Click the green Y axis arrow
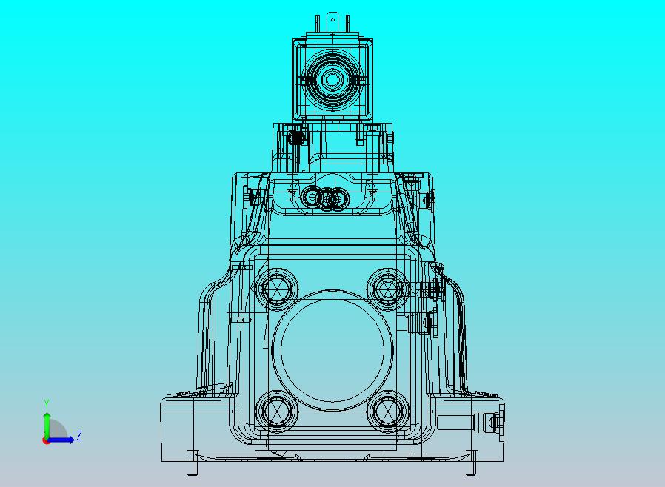(x=46, y=423)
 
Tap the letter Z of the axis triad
(x=78, y=436)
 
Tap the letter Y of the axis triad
(x=46, y=403)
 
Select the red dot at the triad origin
(x=46, y=440)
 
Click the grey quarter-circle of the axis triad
(x=57, y=430)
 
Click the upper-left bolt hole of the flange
(x=278, y=288)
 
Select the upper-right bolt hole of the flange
(x=387, y=287)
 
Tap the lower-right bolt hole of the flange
(x=387, y=409)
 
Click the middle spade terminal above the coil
(x=332, y=20)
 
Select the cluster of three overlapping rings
(x=326, y=198)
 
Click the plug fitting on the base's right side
(x=488, y=423)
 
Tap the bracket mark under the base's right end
(x=471, y=463)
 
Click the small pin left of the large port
(x=243, y=320)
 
